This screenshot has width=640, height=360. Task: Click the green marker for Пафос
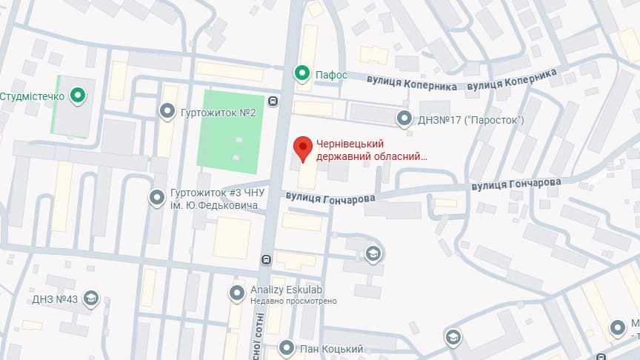(x=301, y=73)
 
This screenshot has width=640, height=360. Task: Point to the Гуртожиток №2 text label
(x=219, y=113)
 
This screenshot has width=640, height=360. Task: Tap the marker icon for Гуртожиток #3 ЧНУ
(x=157, y=198)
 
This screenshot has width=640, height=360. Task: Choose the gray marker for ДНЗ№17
(x=404, y=118)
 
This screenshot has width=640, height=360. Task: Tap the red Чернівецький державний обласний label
(x=372, y=150)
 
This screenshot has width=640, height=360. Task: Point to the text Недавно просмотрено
(x=294, y=301)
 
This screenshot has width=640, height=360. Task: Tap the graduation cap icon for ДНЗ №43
(x=91, y=299)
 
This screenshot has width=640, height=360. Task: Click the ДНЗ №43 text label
(x=56, y=299)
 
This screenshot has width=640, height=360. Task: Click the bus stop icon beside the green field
(x=274, y=102)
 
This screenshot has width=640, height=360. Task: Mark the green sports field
(x=230, y=130)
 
